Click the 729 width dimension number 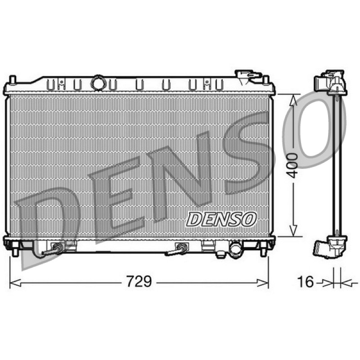[x=139, y=281]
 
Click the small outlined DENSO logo [x=221, y=219]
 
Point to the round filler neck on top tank [x=99, y=83]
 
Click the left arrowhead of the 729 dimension [x=15, y=283]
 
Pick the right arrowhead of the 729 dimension [x=263, y=283]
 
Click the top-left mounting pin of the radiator [x=13, y=80]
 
